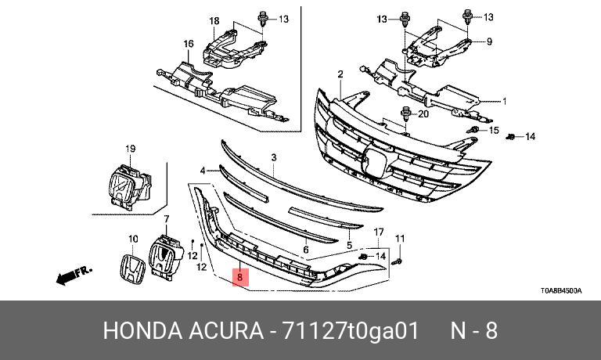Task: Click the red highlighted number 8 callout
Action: coord(241,277)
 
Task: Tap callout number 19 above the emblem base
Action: coord(131,149)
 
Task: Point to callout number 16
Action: coord(189,43)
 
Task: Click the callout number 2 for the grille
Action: coord(340,74)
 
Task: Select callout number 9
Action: coord(489,41)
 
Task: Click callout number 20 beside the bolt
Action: coord(423,113)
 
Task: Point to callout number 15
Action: coord(493,130)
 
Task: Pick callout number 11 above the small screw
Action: coord(399,238)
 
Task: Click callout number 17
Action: coord(379,232)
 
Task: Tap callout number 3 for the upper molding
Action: coord(274,158)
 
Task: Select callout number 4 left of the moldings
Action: coord(203,170)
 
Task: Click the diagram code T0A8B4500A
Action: coord(560,290)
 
